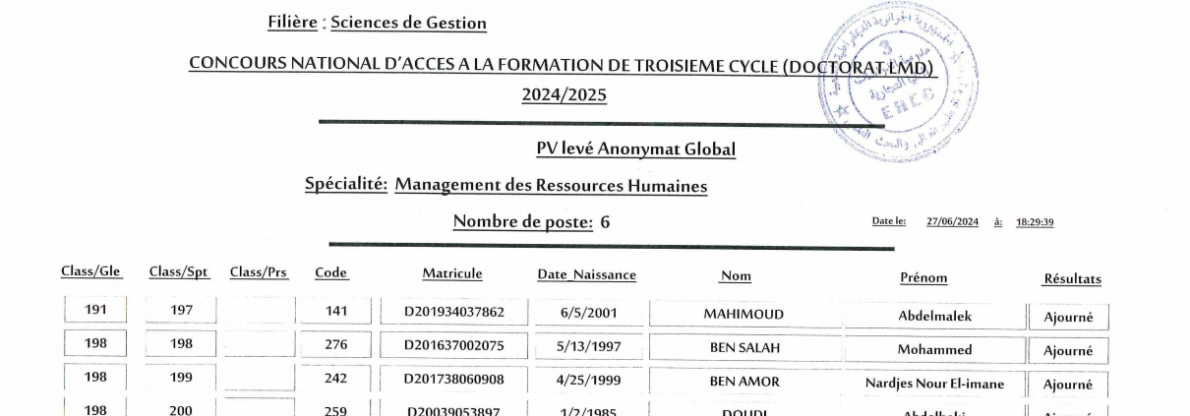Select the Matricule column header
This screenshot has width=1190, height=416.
(452, 273)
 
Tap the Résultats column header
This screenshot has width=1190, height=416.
(1071, 279)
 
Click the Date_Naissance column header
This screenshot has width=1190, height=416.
(586, 275)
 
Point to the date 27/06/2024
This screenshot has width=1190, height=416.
(952, 222)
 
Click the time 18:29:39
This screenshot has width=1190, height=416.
(1035, 222)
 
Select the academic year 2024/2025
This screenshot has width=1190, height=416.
(564, 94)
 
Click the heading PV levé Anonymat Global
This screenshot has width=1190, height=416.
(635, 149)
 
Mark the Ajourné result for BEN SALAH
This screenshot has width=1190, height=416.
(1068, 350)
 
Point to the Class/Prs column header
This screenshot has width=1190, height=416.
(259, 272)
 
